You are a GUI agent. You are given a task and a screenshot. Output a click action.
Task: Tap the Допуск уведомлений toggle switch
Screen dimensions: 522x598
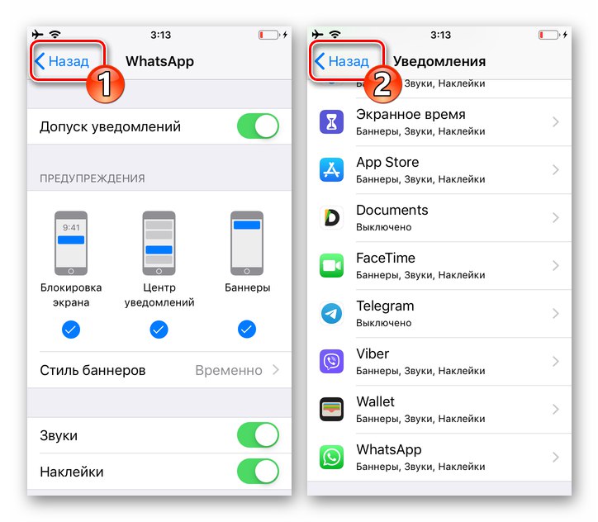pyautogui.click(x=258, y=127)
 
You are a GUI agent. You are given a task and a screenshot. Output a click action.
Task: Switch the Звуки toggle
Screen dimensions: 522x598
pyautogui.click(x=258, y=435)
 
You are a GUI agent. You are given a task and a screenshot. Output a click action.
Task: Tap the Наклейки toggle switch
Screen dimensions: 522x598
pyautogui.click(x=258, y=472)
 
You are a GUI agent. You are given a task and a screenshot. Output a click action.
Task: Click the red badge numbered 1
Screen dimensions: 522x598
pyautogui.click(x=106, y=85)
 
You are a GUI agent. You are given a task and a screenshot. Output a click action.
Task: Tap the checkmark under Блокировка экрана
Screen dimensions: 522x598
pyautogui.click(x=71, y=330)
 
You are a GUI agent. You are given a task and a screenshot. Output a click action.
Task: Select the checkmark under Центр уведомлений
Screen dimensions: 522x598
pyautogui.click(x=159, y=330)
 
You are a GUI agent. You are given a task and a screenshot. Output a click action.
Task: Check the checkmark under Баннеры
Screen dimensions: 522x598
pyautogui.click(x=247, y=330)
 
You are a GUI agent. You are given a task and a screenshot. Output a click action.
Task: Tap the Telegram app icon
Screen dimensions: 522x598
pyautogui.click(x=331, y=314)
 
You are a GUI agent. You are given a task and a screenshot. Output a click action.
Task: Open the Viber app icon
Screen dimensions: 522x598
pyautogui.click(x=331, y=362)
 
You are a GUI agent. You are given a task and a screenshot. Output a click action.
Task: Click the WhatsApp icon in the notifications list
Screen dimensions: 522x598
pyautogui.click(x=331, y=458)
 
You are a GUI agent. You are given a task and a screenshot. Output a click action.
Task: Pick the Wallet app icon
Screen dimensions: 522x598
pyautogui.click(x=331, y=410)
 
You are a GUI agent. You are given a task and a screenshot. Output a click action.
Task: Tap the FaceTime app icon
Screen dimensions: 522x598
pyautogui.click(x=331, y=266)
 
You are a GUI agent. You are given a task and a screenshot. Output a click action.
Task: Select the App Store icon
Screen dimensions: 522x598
pyautogui.click(x=331, y=170)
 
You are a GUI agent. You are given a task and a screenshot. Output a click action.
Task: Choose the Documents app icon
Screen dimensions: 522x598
pyautogui.click(x=331, y=218)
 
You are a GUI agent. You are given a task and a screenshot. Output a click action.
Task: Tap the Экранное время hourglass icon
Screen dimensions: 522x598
pyautogui.click(x=331, y=122)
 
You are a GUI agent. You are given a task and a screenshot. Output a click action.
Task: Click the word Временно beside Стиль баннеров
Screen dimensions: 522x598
pyautogui.click(x=229, y=370)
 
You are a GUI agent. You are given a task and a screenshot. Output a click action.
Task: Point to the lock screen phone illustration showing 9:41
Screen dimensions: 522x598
pyautogui.click(x=71, y=243)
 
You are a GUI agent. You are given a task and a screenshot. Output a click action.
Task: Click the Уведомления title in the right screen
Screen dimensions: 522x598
pyautogui.click(x=439, y=61)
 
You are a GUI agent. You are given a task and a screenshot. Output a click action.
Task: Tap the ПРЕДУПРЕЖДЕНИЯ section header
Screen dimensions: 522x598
pyautogui.click(x=93, y=178)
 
